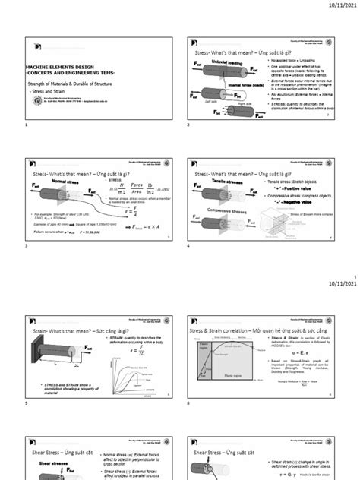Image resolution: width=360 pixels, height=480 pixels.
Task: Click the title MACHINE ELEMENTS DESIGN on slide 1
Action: pos(61,67)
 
